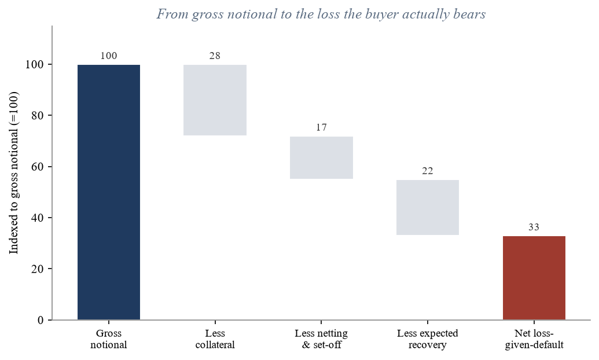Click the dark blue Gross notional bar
(x=109, y=192)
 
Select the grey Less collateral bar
(x=215, y=100)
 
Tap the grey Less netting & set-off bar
(x=321, y=158)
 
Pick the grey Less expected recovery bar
(x=428, y=208)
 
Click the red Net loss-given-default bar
(x=534, y=278)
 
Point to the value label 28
(x=215, y=56)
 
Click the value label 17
(x=321, y=127)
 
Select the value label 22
(x=428, y=171)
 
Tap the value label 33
(x=534, y=227)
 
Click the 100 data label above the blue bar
(x=108, y=56)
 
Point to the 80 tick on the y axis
(x=38, y=115)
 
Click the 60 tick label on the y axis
(x=38, y=167)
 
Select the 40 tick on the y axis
(x=38, y=218)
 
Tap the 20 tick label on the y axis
(x=38, y=269)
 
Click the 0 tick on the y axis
(x=41, y=320)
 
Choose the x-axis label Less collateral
(x=215, y=339)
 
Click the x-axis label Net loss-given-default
(x=534, y=339)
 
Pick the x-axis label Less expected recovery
(x=428, y=339)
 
